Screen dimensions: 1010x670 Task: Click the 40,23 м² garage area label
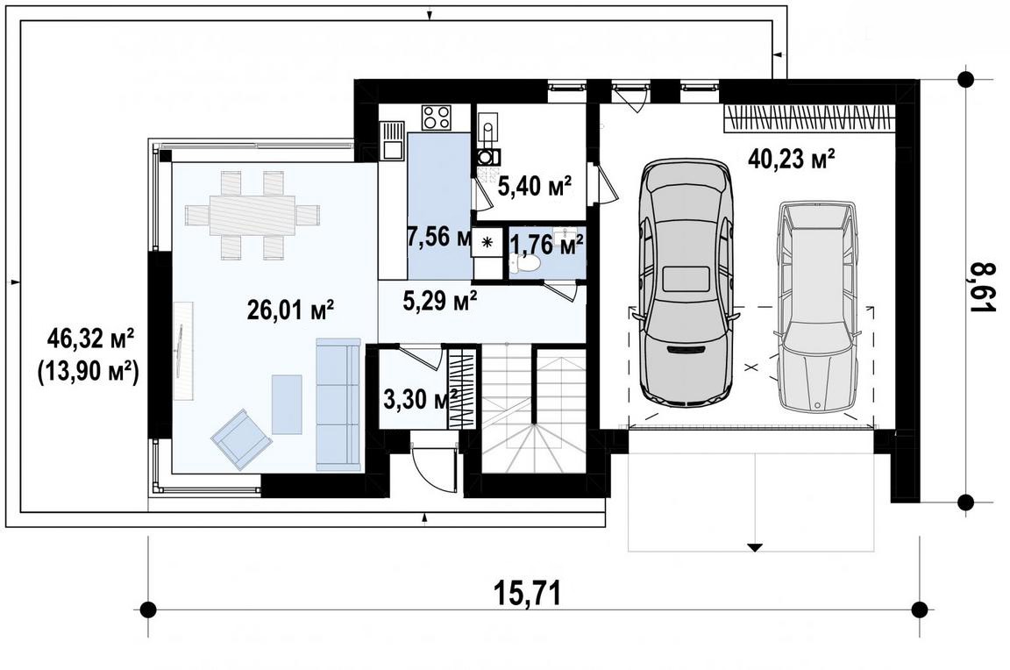point(792,158)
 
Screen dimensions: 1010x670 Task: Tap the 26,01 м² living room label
point(290,310)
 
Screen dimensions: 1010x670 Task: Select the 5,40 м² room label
point(535,188)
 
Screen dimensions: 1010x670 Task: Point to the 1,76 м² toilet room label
point(547,244)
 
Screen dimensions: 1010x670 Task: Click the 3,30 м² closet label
point(421,399)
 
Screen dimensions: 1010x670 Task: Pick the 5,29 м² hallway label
point(440,300)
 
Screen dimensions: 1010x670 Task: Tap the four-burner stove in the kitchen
point(437,118)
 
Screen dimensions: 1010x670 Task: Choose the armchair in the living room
point(241,438)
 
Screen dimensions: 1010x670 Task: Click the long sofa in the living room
point(338,403)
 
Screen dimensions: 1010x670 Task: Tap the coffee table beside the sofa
point(287,404)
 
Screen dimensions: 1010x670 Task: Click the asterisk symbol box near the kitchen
point(487,242)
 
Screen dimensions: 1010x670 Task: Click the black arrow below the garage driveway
point(754,547)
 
